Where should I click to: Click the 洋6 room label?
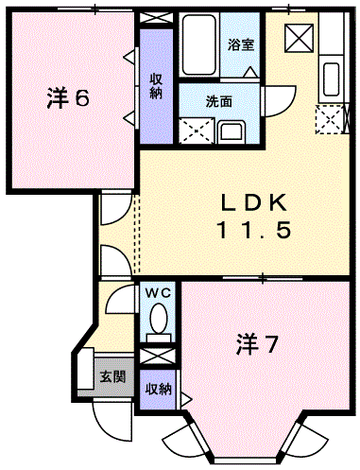tap(67, 97)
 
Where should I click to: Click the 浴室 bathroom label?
tap(241, 44)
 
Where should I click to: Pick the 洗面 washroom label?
tap(220, 101)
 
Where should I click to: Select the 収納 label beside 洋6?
tap(155, 85)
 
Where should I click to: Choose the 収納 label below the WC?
tap(157, 389)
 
